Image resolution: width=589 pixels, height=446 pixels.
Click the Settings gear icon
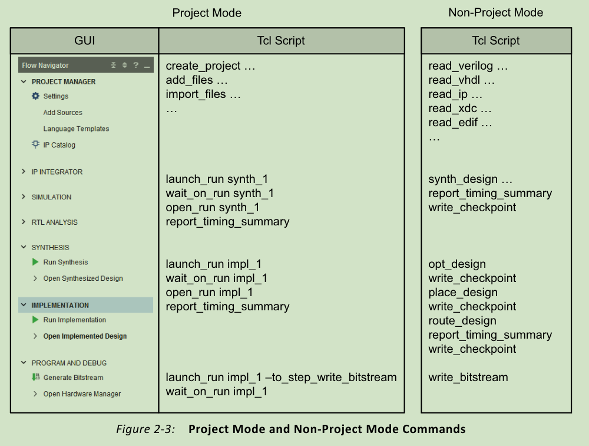coord(35,96)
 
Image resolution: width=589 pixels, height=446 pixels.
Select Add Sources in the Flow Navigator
coord(62,113)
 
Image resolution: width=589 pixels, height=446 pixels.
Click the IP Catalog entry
coord(59,145)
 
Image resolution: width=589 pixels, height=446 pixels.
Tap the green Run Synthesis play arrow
coord(35,262)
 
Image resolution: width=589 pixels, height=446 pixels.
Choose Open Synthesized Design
coord(82,278)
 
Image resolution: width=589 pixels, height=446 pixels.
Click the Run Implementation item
coord(74,320)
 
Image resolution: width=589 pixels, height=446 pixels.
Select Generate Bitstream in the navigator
coord(73,378)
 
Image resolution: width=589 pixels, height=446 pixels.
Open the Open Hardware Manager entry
coord(82,394)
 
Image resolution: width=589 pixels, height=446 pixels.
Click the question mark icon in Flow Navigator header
coord(135,65)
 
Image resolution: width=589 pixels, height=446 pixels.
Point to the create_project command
coord(203,66)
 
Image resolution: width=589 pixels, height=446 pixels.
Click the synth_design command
coord(463,179)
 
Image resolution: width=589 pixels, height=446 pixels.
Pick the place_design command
coord(463,293)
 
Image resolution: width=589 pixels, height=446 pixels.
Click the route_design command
coord(462,321)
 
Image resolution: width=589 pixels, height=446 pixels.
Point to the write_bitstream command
coord(468,378)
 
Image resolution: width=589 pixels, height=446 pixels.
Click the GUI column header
coord(84,41)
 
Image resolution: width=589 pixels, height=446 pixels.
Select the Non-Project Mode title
coord(496,12)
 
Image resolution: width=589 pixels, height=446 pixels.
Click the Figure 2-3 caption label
coord(145,429)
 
